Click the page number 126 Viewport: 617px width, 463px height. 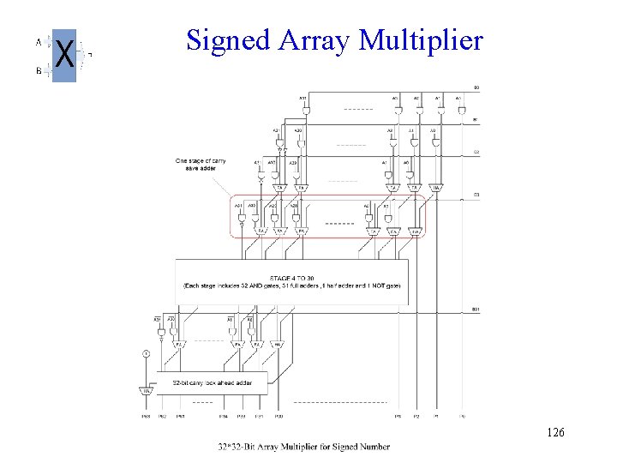point(554,434)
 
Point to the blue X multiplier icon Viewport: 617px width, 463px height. point(64,56)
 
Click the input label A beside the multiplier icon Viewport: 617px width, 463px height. point(39,41)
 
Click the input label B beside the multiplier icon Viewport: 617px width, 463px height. point(39,71)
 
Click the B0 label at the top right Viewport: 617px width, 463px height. point(476,88)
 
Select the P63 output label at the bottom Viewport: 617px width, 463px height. point(146,417)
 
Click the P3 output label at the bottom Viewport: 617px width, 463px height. point(397,417)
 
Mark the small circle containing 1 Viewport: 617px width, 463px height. point(147,353)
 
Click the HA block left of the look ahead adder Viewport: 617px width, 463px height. point(147,391)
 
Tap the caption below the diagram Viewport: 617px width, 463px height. point(303,446)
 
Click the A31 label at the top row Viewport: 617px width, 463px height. point(303,98)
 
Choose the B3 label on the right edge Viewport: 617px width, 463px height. point(476,195)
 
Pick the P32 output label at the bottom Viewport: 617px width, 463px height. point(279,417)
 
